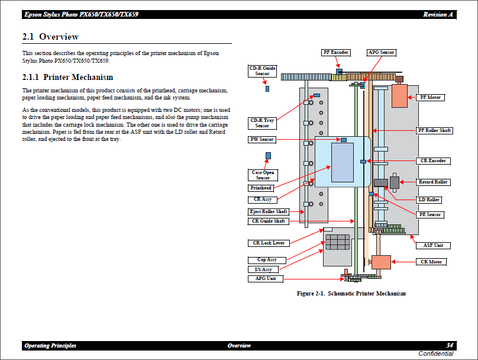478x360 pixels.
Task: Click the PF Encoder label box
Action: (335, 53)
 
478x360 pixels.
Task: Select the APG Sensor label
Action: (381, 53)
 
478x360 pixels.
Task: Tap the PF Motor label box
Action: (430, 97)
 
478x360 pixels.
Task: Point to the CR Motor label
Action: (431, 262)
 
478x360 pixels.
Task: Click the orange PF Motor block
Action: (399, 96)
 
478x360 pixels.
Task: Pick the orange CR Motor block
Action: (381, 262)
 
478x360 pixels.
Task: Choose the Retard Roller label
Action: (433, 182)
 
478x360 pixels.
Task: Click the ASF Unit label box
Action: (433, 245)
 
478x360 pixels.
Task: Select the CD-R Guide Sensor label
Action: (261, 71)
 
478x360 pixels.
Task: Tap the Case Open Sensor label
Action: (263, 175)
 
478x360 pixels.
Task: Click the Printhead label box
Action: (261, 188)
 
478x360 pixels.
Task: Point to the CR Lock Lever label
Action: (269, 243)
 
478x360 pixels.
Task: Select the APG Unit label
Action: (266, 279)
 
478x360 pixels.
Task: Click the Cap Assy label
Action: (266, 260)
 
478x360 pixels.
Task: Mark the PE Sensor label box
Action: (430, 214)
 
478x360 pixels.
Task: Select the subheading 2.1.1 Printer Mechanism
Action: (67, 77)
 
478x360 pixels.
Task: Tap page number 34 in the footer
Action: (450, 346)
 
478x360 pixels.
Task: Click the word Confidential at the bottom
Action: (435, 354)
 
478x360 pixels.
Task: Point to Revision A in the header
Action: (438, 14)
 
